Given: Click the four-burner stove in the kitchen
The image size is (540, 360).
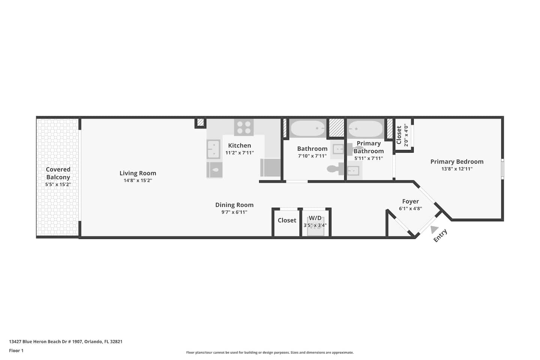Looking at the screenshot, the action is [244, 127].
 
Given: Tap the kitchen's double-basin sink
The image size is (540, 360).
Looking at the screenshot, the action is [214, 149].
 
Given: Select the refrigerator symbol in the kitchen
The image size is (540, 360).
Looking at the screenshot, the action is [270, 167].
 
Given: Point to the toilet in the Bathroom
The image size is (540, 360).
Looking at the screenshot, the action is [335, 169].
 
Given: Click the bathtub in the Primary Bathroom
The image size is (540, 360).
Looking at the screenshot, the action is [366, 129].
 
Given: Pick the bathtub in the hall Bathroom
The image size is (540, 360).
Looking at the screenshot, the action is [308, 128].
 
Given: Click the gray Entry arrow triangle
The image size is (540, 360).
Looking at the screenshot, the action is [434, 229].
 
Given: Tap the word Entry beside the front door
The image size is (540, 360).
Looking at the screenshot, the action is [440, 235].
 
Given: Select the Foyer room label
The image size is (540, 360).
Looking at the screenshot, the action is [410, 201].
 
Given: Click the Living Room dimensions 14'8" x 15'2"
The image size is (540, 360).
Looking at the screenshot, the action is [138, 180].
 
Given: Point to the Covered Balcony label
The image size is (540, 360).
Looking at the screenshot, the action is [58, 173].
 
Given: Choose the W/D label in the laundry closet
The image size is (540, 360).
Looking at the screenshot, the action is [315, 218].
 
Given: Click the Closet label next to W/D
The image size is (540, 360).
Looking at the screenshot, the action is [287, 220].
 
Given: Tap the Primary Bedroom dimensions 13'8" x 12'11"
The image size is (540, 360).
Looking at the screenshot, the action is [457, 169].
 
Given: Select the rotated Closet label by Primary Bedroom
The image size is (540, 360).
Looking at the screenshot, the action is [399, 135].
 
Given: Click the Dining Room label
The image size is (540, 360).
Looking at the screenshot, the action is [234, 205].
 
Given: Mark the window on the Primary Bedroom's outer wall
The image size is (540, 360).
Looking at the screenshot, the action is [502, 169].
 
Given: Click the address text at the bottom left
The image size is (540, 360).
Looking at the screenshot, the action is [66, 341].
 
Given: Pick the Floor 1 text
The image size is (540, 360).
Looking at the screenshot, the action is [16, 351].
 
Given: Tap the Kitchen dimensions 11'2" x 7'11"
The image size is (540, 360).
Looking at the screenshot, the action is [239, 153].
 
